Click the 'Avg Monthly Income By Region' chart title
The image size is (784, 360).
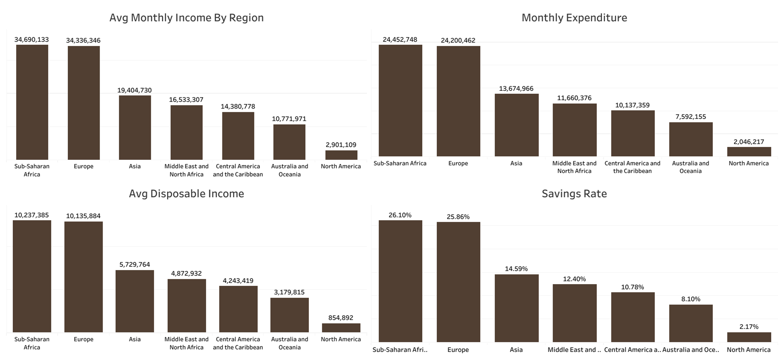tap(186, 17)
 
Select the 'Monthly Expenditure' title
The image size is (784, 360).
tap(574, 17)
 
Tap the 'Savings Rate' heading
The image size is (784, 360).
tap(574, 193)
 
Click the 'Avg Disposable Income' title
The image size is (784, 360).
tap(186, 193)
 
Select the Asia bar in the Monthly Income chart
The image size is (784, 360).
tap(135, 128)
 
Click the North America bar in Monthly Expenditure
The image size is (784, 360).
tap(749, 152)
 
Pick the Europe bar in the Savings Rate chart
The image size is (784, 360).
tap(458, 281)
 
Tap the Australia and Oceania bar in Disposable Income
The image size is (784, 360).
tap(289, 315)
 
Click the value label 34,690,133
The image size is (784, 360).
tap(32, 40)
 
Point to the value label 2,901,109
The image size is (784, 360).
tap(341, 145)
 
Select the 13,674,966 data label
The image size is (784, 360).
tap(516, 89)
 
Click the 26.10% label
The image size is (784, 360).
tap(400, 215)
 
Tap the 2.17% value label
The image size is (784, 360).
tap(749, 327)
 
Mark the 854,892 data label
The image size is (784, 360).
tap(340, 318)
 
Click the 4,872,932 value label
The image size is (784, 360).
tap(186, 274)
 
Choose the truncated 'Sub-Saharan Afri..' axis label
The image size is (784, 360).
tap(400, 350)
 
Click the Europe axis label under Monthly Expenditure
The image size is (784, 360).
tap(458, 163)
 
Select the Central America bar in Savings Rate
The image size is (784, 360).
tap(632, 317)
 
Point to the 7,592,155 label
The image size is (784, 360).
tap(690, 117)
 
